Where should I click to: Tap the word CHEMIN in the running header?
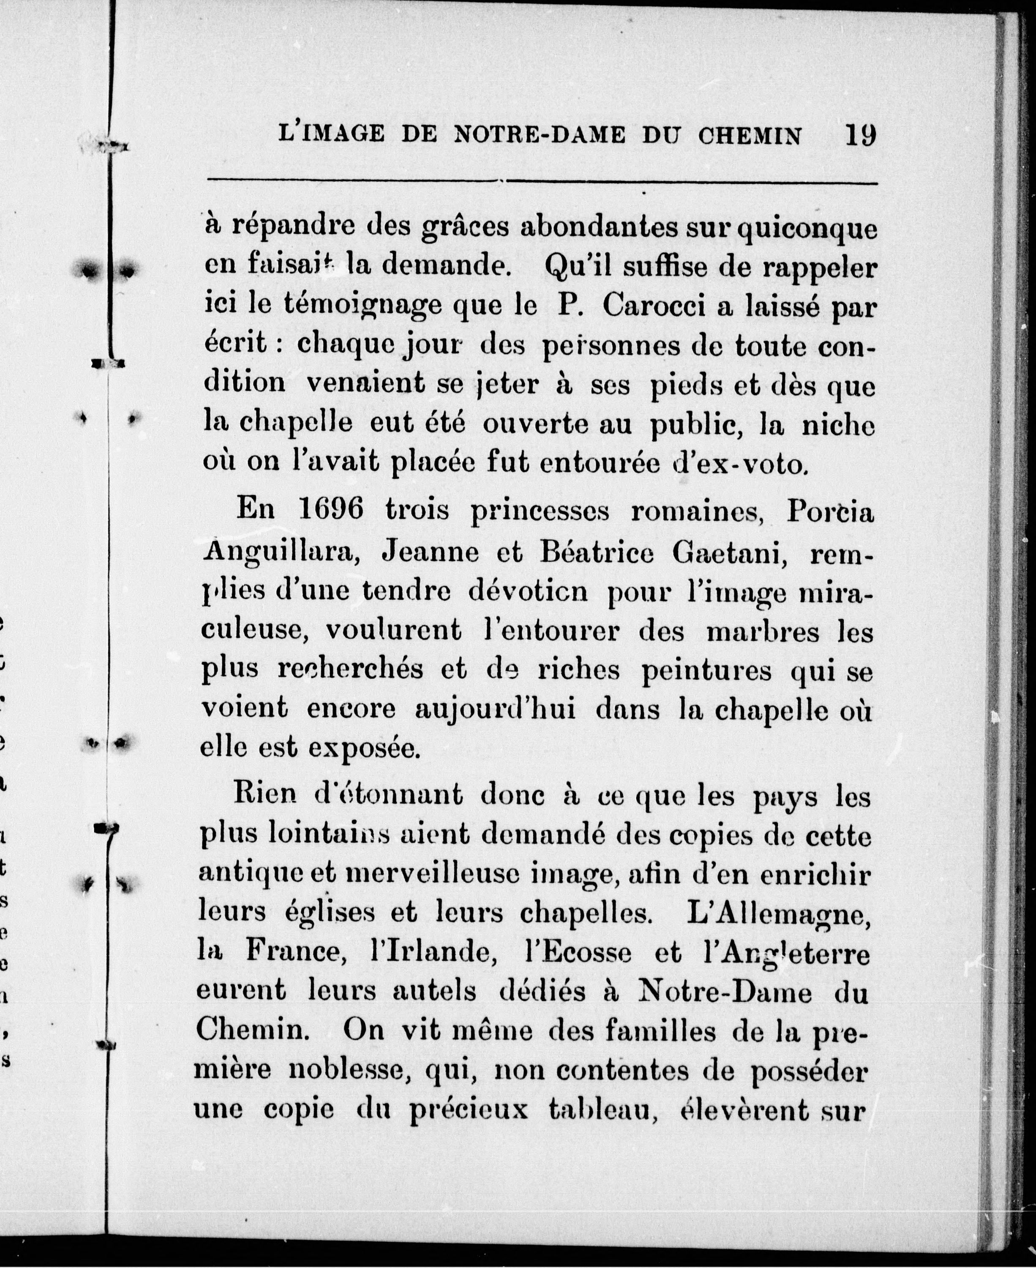pyautogui.click(x=750, y=136)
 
